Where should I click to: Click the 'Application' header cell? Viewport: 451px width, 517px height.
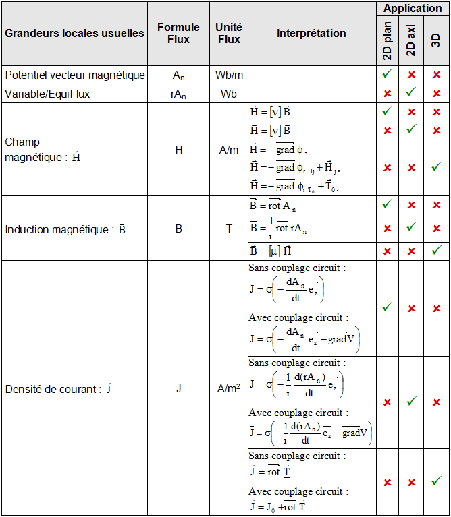[413, 9]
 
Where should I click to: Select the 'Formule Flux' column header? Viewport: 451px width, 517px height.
[178, 33]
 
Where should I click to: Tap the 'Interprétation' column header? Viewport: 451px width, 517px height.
[311, 33]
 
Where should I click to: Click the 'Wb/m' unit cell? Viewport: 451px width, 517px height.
[229, 75]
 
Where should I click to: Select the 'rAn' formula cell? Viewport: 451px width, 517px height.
[178, 94]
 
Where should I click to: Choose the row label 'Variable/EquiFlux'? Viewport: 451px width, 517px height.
[47, 94]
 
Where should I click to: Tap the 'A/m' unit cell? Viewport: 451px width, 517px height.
[229, 150]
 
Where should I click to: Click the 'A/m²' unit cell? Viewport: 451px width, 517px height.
[229, 389]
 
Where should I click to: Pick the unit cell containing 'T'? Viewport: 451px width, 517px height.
[229, 229]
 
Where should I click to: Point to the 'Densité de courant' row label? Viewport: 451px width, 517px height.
[58, 389]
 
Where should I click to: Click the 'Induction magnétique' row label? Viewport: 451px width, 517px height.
[65, 229]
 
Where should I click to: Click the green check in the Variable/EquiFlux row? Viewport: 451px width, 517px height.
[411, 94]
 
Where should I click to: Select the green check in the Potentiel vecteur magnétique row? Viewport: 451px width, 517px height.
[387, 74]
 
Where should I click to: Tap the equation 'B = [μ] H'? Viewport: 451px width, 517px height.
[270, 250]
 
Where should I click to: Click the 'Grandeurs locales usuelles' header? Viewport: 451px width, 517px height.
[74, 33]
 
